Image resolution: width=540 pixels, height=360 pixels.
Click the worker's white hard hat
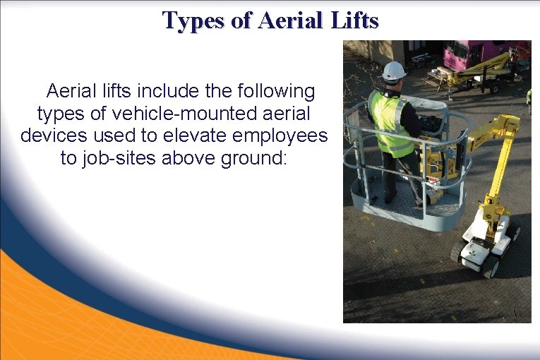[394, 71]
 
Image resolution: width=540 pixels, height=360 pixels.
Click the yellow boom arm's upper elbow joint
[505, 127]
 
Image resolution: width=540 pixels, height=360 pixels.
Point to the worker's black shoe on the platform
[390, 199]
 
